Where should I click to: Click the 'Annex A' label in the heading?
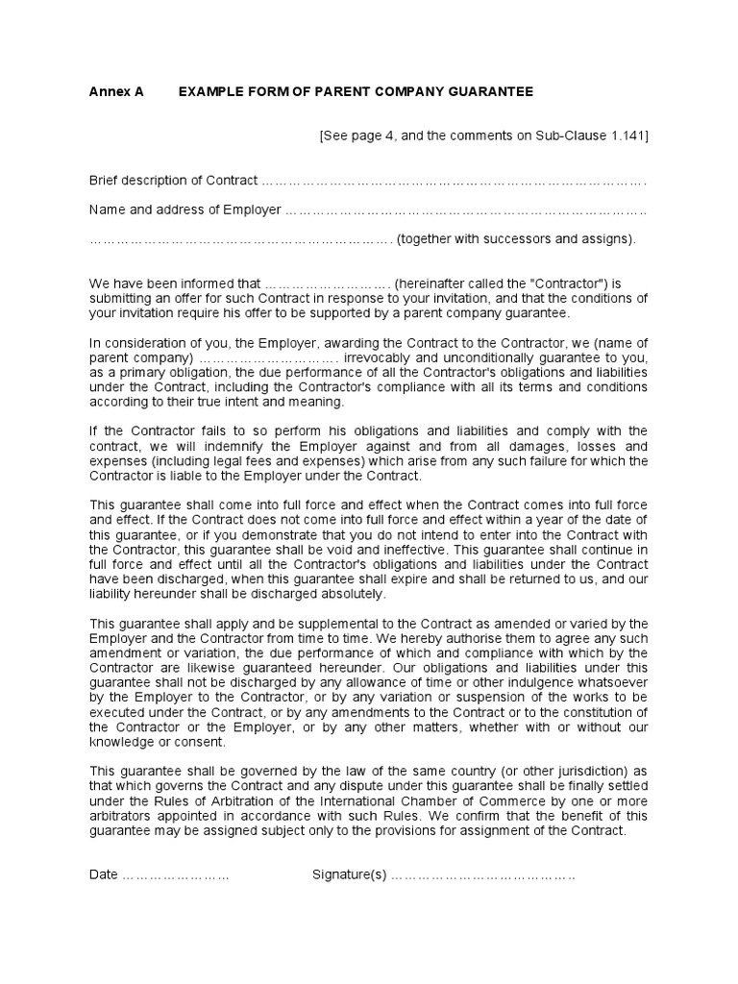pos(116,91)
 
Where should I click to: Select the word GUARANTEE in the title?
pos(489,91)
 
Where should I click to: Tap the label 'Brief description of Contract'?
pos(173,180)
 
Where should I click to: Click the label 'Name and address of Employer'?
pos(184,209)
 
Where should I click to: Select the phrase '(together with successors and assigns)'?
pos(516,239)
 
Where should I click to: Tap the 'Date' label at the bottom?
pos(104,874)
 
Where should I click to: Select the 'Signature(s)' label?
pos(349,874)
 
